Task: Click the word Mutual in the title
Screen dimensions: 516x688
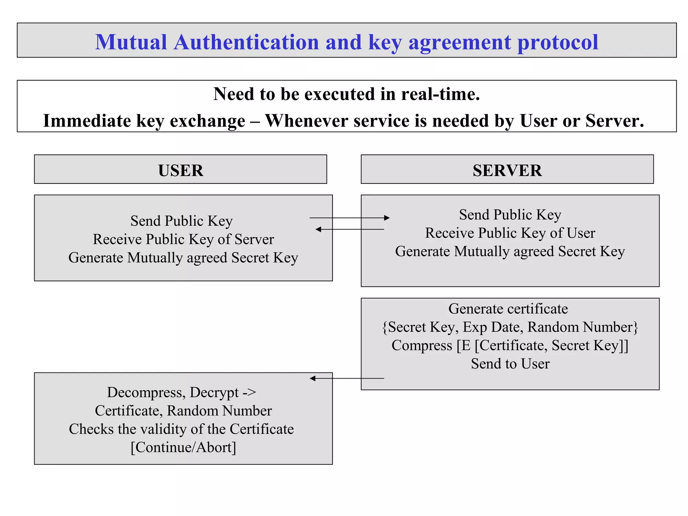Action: coord(131,42)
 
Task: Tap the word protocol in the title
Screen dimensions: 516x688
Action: coord(558,43)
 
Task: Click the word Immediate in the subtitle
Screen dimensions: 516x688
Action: coord(87,121)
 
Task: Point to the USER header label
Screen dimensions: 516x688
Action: coord(181,170)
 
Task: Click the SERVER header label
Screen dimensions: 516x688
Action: coord(507,170)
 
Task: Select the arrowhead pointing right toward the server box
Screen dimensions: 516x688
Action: coord(387,218)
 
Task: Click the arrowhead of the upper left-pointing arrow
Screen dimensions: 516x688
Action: coord(318,229)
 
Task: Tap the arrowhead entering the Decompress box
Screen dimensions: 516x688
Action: coord(312,378)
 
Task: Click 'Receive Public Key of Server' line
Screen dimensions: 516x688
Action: coord(183,239)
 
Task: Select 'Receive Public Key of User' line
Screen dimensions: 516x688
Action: coord(510,233)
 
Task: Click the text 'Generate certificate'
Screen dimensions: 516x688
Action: coord(508,309)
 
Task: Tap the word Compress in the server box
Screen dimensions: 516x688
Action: coord(422,346)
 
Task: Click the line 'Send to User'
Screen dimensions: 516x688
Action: coord(510,364)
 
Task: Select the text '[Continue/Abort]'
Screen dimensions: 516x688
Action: coord(183,447)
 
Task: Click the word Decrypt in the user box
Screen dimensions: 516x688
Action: coord(214,392)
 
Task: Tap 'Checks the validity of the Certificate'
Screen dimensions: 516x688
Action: coord(181,429)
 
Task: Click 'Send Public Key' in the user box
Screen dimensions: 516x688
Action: coord(181,221)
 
